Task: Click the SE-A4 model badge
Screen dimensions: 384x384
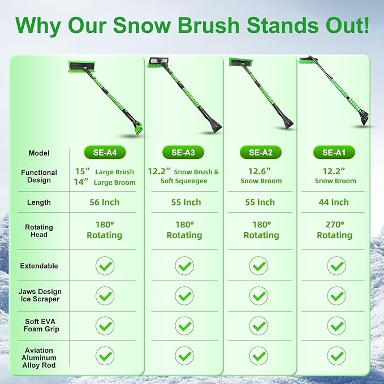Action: point(105,152)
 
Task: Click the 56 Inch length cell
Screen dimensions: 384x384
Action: point(105,202)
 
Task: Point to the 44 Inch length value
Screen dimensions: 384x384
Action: point(333,202)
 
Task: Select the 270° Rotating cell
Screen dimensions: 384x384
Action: point(334,230)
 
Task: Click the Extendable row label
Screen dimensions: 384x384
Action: point(39,266)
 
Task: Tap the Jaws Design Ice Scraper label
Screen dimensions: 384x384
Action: point(39,295)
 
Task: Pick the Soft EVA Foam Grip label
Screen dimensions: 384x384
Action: point(39,325)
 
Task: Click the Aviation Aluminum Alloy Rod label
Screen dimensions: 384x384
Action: point(39,355)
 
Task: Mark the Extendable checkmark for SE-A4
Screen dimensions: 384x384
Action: point(105,266)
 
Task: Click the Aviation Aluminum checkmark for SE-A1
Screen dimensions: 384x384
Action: point(336,355)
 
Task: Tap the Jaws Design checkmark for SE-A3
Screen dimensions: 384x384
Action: point(184,295)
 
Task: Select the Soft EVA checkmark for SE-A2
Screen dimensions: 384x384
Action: point(259,325)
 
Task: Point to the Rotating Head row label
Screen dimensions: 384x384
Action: point(39,231)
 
